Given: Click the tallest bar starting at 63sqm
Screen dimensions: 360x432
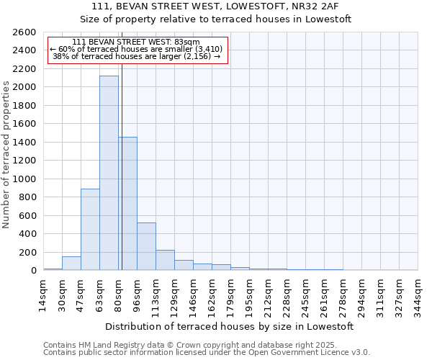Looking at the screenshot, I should [109, 173].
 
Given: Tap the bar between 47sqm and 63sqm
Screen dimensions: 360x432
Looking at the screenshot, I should [90, 229].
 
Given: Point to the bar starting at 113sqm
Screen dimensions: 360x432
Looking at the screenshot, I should [165, 260].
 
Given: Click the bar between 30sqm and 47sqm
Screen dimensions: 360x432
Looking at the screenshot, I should [71, 264].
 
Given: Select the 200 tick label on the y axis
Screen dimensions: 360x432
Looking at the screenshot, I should [28, 252].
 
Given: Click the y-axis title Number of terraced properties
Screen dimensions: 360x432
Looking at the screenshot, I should [7, 155].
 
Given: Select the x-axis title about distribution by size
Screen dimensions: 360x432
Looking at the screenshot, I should [230, 326].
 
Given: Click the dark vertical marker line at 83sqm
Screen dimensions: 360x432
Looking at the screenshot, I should [122, 180].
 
